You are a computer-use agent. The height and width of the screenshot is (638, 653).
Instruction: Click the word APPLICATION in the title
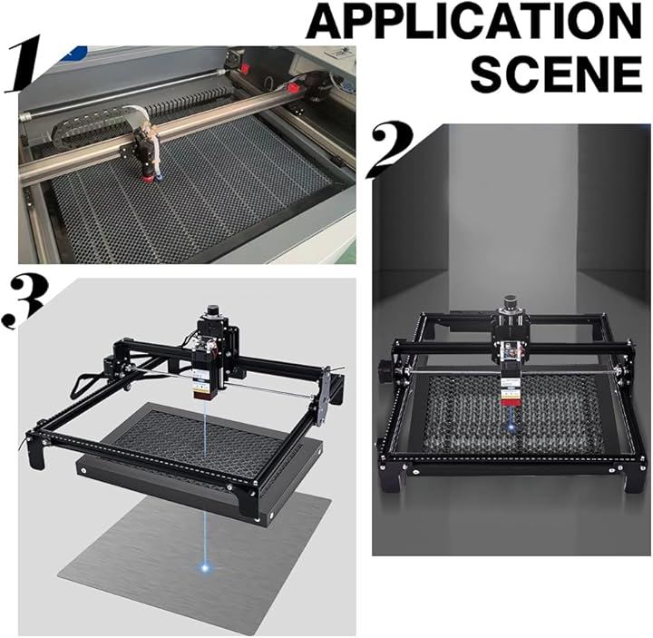coord(473,21)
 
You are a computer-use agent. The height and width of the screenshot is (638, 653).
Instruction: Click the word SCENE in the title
coord(556,74)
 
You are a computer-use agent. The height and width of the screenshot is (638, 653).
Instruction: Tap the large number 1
coord(24,64)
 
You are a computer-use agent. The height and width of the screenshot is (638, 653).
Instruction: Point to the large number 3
coord(25,300)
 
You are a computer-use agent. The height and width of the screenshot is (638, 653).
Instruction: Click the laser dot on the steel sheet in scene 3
coord(205,566)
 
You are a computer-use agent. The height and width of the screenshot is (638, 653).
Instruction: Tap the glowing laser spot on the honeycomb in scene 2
coord(511,427)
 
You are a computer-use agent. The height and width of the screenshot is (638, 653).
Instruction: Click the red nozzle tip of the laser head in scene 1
coord(148,179)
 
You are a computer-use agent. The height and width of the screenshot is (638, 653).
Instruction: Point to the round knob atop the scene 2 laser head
coord(510,301)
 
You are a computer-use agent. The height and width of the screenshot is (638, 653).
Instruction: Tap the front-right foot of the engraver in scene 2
coord(637,478)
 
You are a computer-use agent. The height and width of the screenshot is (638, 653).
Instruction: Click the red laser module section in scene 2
coord(507,402)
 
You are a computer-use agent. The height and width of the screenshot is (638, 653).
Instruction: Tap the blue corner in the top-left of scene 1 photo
coord(75,51)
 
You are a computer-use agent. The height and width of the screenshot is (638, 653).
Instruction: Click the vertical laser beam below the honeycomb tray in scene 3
coord(204,537)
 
